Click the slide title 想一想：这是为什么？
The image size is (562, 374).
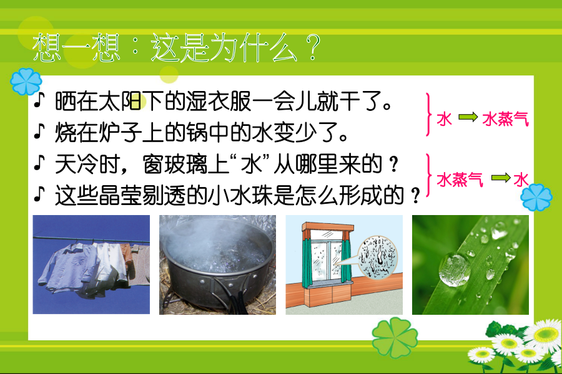click(x=175, y=47)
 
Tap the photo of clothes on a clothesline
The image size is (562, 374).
click(x=91, y=264)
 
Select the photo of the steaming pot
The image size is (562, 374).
click(x=217, y=264)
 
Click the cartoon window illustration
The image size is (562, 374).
click(x=344, y=264)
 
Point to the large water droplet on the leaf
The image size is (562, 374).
click(x=455, y=269)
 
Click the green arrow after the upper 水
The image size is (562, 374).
click(x=468, y=117)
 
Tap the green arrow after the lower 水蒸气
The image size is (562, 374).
click(x=501, y=178)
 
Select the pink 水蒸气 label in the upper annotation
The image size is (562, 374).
click(x=505, y=118)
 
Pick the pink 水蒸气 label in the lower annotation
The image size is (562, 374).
click(x=460, y=180)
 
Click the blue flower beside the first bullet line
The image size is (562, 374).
click(x=26, y=82)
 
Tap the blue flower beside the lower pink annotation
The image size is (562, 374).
click(x=536, y=197)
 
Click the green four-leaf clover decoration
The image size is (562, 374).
click(x=395, y=337)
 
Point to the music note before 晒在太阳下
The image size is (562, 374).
click(x=39, y=100)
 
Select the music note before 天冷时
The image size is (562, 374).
click(x=39, y=163)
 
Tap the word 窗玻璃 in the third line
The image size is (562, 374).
click(x=175, y=165)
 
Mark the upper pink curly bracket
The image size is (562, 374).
click(x=428, y=115)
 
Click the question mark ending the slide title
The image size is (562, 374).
click(x=313, y=47)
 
